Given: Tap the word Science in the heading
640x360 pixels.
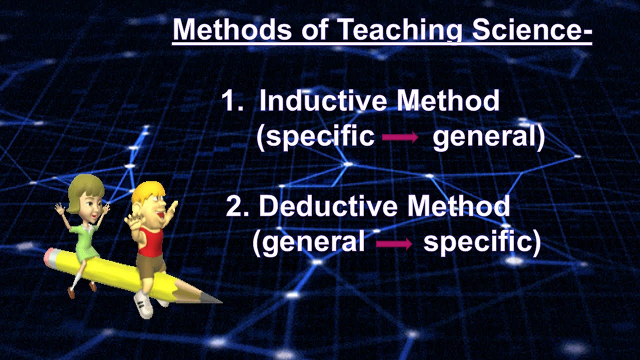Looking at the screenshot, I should (x=531, y=30).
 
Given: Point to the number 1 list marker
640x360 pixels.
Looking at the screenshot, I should (x=231, y=101).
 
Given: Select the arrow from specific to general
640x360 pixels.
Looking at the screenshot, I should (x=400, y=138).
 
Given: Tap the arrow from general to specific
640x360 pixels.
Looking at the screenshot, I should (x=393, y=243).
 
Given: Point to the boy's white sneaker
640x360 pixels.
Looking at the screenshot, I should (x=144, y=305).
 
